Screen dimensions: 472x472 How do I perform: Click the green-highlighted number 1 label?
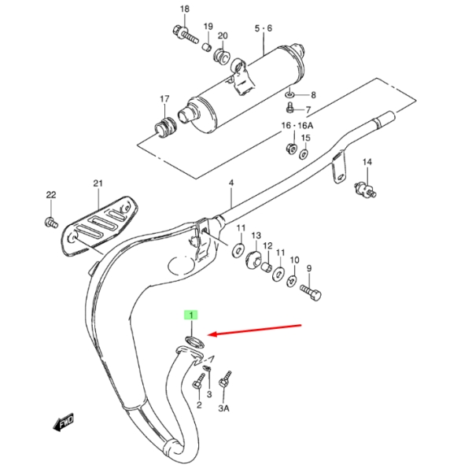click(x=191, y=315)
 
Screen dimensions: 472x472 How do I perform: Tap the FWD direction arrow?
click(x=64, y=422)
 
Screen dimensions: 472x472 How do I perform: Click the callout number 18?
click(x=185, y=9)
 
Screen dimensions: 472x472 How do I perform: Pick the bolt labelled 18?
click(x=186, y=35)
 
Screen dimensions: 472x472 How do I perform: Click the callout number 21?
click(x=98, y=183)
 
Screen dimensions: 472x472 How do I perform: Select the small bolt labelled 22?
click(x=51, y=222)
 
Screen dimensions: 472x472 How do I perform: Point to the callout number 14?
click(x=367, y=162)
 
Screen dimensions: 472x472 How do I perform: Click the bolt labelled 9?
click(x=311, y=293)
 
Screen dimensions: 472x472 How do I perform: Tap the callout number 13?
click(x=256, y=235)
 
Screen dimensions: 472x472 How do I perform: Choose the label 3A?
click(x=223, y=408)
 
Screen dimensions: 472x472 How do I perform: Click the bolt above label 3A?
click(x=225, y=379)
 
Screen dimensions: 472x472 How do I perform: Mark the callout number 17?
click(x=164, y=99)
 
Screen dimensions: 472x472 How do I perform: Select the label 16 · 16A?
click(x=297, y=125)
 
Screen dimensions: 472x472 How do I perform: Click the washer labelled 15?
click(x=304, y=155)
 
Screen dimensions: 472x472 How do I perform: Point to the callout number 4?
click(x=231, y=183)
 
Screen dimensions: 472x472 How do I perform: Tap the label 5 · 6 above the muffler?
click(x=264, y=28)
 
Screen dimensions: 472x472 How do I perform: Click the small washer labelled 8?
click(x=289, y=95)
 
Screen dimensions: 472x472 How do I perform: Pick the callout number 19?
click(x=208, y=27)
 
